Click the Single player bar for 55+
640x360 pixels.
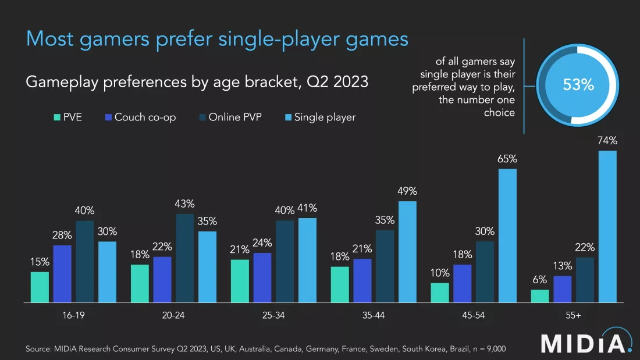[x=607, y=227]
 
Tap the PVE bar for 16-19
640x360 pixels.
[x=40, y=287]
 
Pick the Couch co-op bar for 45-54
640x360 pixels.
[x=463, y=283]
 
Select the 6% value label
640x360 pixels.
[x=539, y=280]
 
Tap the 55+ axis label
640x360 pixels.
[x=573, y=315]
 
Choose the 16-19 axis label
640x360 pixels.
[x=74, y=315]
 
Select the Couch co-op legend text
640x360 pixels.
[x=145, y=117]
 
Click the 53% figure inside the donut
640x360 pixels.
[x=578, y=85]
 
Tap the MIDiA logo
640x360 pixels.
[x=586, y=343]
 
